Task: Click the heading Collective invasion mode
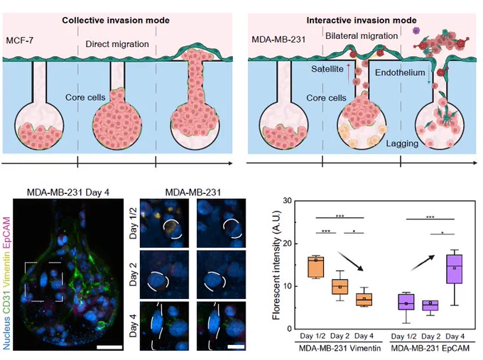116,21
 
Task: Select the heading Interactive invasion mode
362,21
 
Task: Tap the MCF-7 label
19,40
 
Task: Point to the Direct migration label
117,44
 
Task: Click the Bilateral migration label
362,36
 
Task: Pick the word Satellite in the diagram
327,69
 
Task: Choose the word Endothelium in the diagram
400,72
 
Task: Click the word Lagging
402,143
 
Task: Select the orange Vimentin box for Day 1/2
316,266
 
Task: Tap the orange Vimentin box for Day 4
364,300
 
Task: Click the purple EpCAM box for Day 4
455,269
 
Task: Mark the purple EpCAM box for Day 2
430,305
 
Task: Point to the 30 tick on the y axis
287,201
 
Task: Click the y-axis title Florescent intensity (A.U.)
277,265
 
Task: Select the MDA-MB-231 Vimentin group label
340,349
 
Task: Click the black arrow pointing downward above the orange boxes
351,261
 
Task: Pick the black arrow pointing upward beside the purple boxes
423,263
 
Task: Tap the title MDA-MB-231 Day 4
68,192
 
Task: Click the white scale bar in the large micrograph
109,347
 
